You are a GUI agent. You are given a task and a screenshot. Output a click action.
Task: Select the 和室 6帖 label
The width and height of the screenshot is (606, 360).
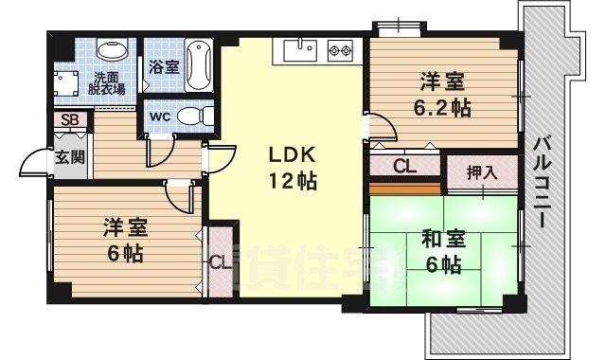(x=441, y=251)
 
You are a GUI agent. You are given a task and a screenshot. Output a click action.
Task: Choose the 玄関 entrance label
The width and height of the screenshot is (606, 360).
(x=68, y=157)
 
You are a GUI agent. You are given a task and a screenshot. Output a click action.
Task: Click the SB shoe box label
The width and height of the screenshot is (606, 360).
(x=69, y=120)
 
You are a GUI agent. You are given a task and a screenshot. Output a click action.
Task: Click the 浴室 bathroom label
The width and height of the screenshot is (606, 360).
(x=163, y=67)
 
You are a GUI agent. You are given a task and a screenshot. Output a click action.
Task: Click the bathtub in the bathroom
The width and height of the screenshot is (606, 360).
(x=198, y=65)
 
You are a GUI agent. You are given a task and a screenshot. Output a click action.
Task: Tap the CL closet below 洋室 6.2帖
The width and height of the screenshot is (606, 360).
(x=404, y=168)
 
